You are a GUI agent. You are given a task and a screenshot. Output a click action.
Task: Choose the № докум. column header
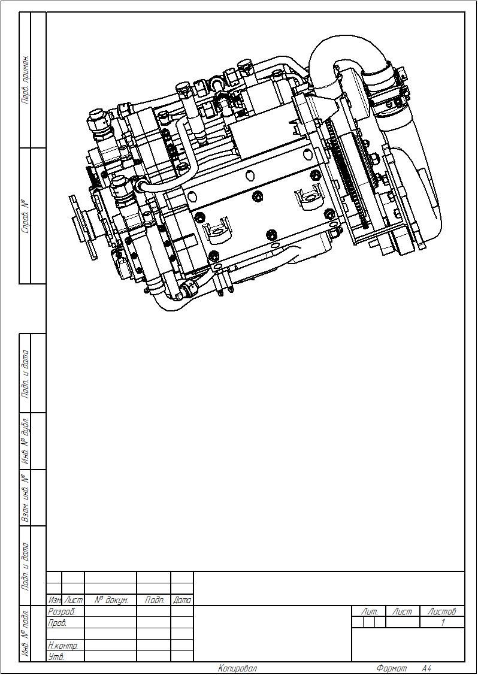tap(110, 600)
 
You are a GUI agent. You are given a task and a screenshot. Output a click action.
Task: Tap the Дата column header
tap(182, 600)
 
